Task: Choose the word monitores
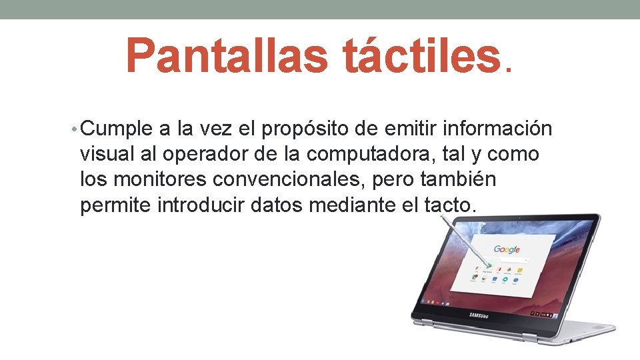tap(162, 180)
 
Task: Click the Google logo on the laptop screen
tap(507, 250)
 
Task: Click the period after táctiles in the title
tap(511, 69)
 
